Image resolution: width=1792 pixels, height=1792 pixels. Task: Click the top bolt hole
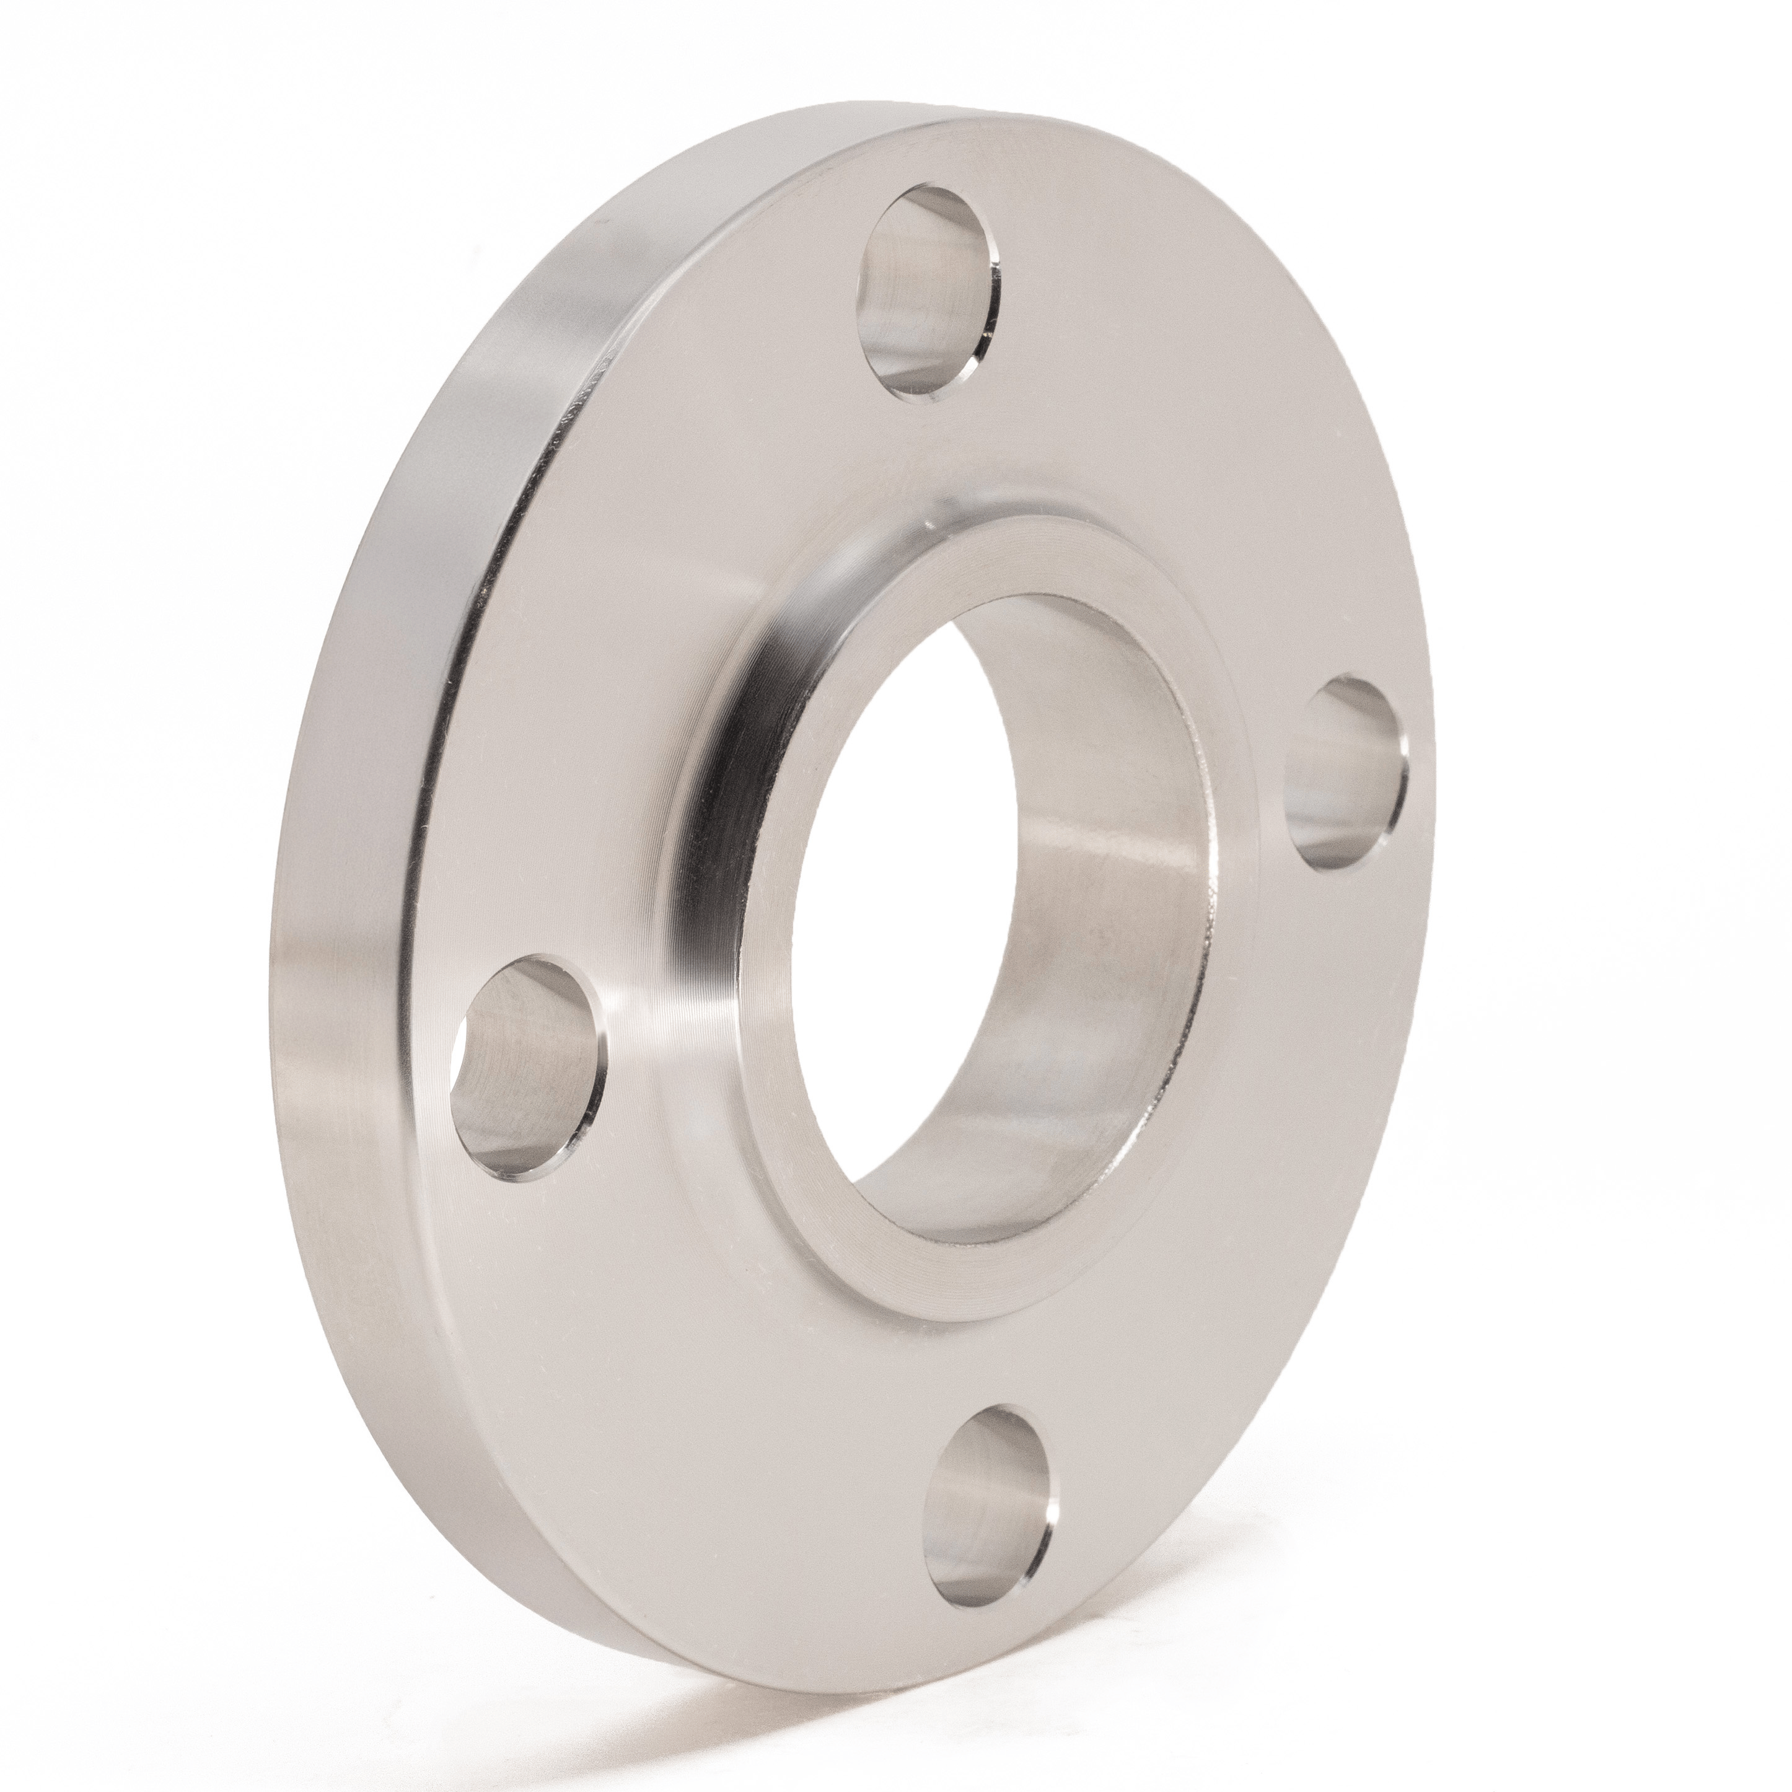tap(930, 293)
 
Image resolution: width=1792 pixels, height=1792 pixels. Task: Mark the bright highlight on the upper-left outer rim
tap(556, 306)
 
